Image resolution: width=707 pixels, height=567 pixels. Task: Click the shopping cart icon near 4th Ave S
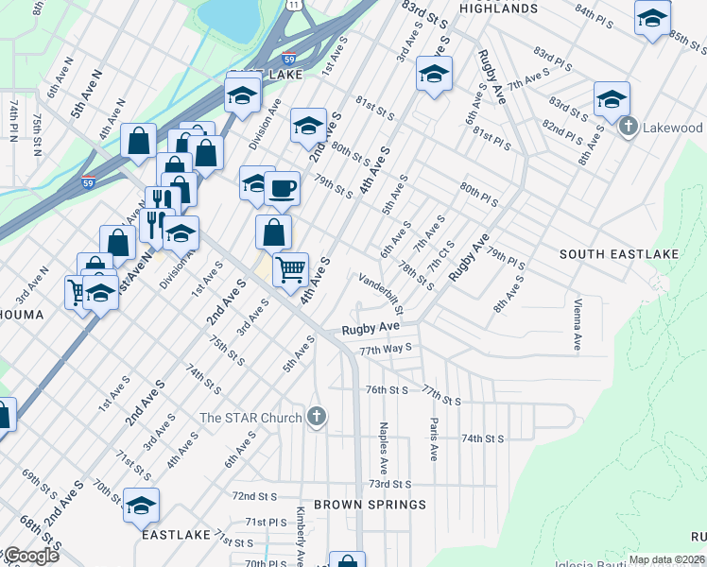[x=290, y=269]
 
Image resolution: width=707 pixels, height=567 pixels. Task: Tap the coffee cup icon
[x=282, y=189]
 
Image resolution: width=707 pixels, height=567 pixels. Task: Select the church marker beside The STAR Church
[x=317, y=417]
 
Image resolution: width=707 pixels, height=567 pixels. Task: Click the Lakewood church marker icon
[x=627, y=127]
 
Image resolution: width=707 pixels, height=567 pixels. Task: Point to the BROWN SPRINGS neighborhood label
[x=370, y=505]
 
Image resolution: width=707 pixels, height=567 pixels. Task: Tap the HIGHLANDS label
[x=497, y=9]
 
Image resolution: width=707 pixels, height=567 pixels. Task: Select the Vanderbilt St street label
[x=382, y=294]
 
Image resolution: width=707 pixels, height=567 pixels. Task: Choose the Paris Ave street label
[x=433, y=439]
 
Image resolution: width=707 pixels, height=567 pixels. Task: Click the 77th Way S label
[x=386, y=349]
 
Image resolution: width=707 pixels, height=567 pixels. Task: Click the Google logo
[x=30, y=556]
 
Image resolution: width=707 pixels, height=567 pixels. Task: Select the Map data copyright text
[x=665, y=559]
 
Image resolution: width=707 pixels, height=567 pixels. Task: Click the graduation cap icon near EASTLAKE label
[x=141, y=507]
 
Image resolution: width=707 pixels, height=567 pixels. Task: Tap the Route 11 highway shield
[x=295, y=5]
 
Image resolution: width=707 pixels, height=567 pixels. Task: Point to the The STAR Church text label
[x=250, y=418]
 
